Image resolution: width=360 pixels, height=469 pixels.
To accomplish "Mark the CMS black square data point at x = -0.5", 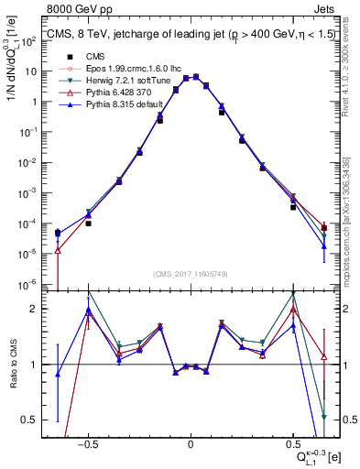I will tap(88, 223).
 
